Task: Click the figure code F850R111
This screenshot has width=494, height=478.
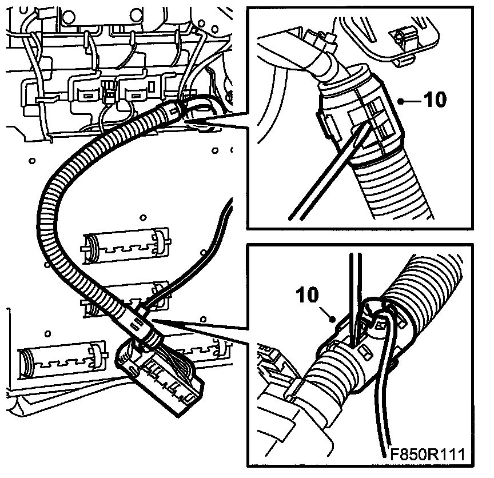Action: [428, 454]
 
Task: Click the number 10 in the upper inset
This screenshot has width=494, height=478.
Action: [435, 99]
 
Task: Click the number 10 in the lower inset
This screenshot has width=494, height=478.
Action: [307, 295]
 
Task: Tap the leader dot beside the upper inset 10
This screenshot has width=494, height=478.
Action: [401, 101]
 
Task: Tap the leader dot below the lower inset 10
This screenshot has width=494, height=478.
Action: [332, 320]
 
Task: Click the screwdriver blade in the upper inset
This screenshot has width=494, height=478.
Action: [329, 172]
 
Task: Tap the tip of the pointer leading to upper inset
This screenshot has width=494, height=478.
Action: [184, 120]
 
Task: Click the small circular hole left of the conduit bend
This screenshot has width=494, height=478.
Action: [32, 161]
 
